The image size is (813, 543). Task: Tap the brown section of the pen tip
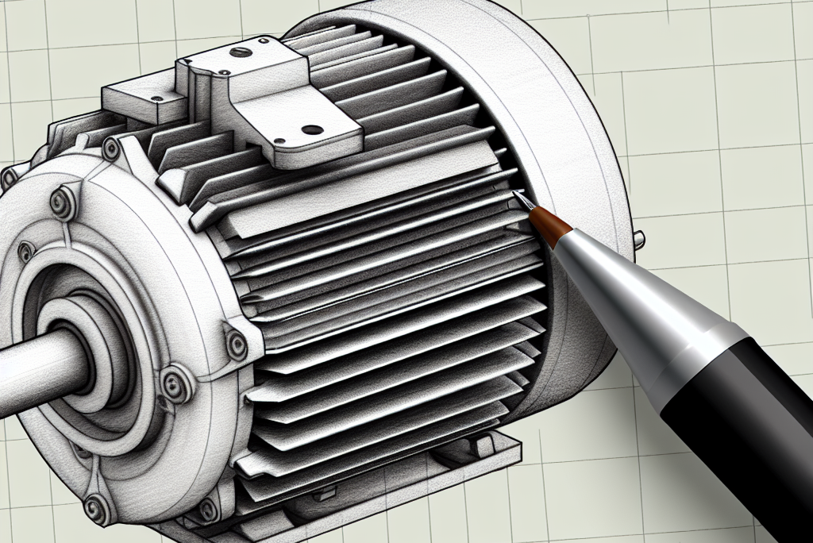[x=547, y=222]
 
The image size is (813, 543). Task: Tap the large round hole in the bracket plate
[x=312, y=129]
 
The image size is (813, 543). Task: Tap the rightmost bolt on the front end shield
[x=237, y=344]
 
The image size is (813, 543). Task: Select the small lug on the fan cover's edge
[x=639, y=237]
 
